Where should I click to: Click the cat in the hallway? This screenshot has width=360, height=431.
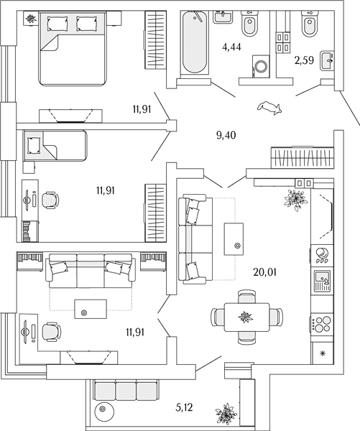[x=269, y=107]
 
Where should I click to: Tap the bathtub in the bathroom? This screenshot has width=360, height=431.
[x=195, y=42]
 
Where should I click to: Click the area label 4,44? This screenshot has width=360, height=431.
[x=231, y=47]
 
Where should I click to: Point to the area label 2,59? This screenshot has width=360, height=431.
[x=304, y=60]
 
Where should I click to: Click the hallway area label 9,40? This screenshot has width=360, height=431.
[x=226, y=135]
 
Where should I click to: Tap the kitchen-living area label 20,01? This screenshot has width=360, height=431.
[x=264, y=272]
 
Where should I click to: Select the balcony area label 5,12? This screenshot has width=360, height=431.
[x=184, y=407]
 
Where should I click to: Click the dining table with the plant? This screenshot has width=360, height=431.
[x=246, y=318]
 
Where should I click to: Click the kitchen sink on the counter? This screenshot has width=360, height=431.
[x=323, y=281]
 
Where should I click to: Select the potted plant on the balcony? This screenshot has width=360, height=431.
[x=226, y=414]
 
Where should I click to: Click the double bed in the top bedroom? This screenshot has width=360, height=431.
[x=73, y=48]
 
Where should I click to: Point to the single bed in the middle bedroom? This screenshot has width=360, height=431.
[x=55, y=145]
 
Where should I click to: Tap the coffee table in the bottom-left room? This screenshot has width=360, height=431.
[x=91, y=309]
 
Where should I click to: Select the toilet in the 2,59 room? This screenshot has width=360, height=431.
[x=310, y=24]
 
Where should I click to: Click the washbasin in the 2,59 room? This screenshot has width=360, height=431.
[x=327, y=60]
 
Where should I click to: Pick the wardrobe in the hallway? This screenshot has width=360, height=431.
[x=302, y=157]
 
